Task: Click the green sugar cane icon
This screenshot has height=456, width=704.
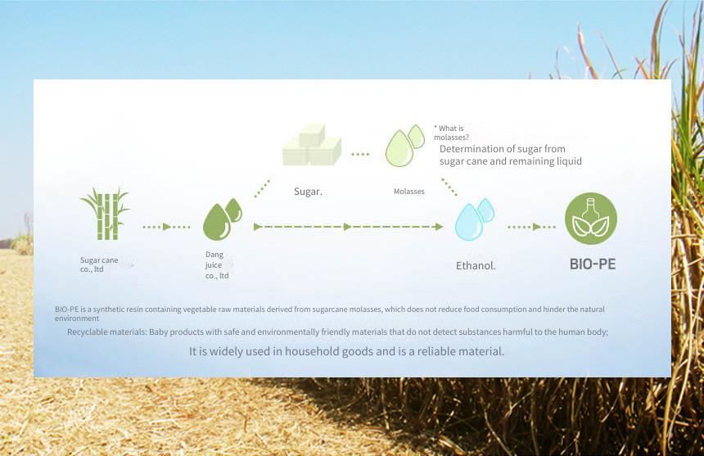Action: [x=105, y=214]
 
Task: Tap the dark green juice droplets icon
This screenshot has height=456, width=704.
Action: [x=222, y=219]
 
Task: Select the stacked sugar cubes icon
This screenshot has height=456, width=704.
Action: [x=312, y=145]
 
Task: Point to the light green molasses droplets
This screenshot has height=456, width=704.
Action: [x=405, y=146]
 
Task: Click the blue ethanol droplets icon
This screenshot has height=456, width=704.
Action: [x=475, y=219]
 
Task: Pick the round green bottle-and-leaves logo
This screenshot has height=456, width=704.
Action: [x=591, y=219]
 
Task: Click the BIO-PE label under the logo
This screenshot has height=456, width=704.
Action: [x=593, y=264]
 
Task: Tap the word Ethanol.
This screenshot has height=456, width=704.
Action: [x=476, y=266]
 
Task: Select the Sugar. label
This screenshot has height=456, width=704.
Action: [x=308, y=192]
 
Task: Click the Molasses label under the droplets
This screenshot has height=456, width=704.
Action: [x=409, y=192]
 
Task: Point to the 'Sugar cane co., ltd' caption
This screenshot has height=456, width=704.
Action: [x=99, y=264]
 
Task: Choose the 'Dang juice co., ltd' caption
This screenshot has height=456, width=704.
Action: [x=217, y=264]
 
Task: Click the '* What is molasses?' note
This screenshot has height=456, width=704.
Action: [x=451, y=133]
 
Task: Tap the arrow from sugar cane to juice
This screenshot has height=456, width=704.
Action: [x=166, y=227]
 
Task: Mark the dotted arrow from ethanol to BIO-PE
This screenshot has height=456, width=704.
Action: [x=531, y=227]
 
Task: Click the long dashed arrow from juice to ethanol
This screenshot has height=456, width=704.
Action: [x=349, y=227]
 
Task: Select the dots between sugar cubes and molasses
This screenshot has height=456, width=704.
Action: [x=360, y=155]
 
